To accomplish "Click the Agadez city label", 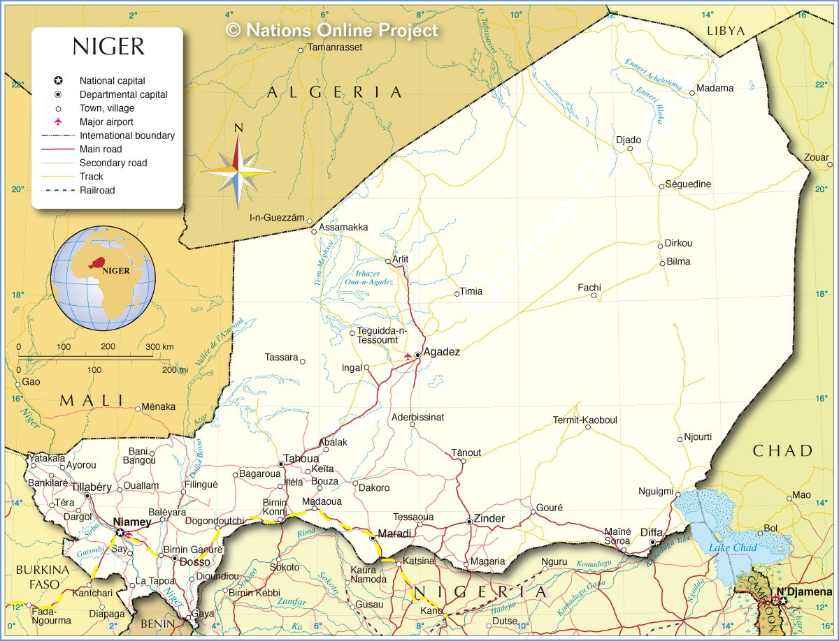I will pyautogui.click(x=442, y=352).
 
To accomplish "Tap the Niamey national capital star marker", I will pyautogui.click(x=120, y=533).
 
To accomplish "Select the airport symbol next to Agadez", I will pyautogui.click(x=408, y=356).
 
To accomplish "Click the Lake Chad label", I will pyautogui.click(x=733, y=547).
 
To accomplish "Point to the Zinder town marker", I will pyautogui.click(x=468, y=522).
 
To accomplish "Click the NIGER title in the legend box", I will pyautogui.click(x=108, y=47).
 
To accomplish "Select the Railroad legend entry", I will pyautogui.click(x=96, y=190).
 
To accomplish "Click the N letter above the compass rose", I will pyautogui.click(x=238, y=127).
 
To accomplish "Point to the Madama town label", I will pyautogui.click(x=715, y=88).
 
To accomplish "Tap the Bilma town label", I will pyautogui.click(x=678, y=261).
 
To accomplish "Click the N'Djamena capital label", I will pyautogui.click(x=811, y=592).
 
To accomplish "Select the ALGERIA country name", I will pyautogui.click(x=334, y=92).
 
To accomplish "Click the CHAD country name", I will pyautogui.click(x=783, y=450).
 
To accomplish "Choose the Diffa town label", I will pyautogui.click(x=651, y=532).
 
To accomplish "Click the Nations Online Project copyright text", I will pyautogui.click(x=332, y=30).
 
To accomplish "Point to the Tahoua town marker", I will pyautogui.click(x=281, y=464).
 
